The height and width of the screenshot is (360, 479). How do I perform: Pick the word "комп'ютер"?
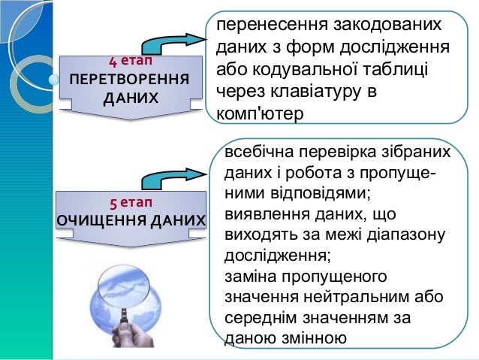pos(258,115)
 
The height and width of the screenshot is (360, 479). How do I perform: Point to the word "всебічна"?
pos(258,153)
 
